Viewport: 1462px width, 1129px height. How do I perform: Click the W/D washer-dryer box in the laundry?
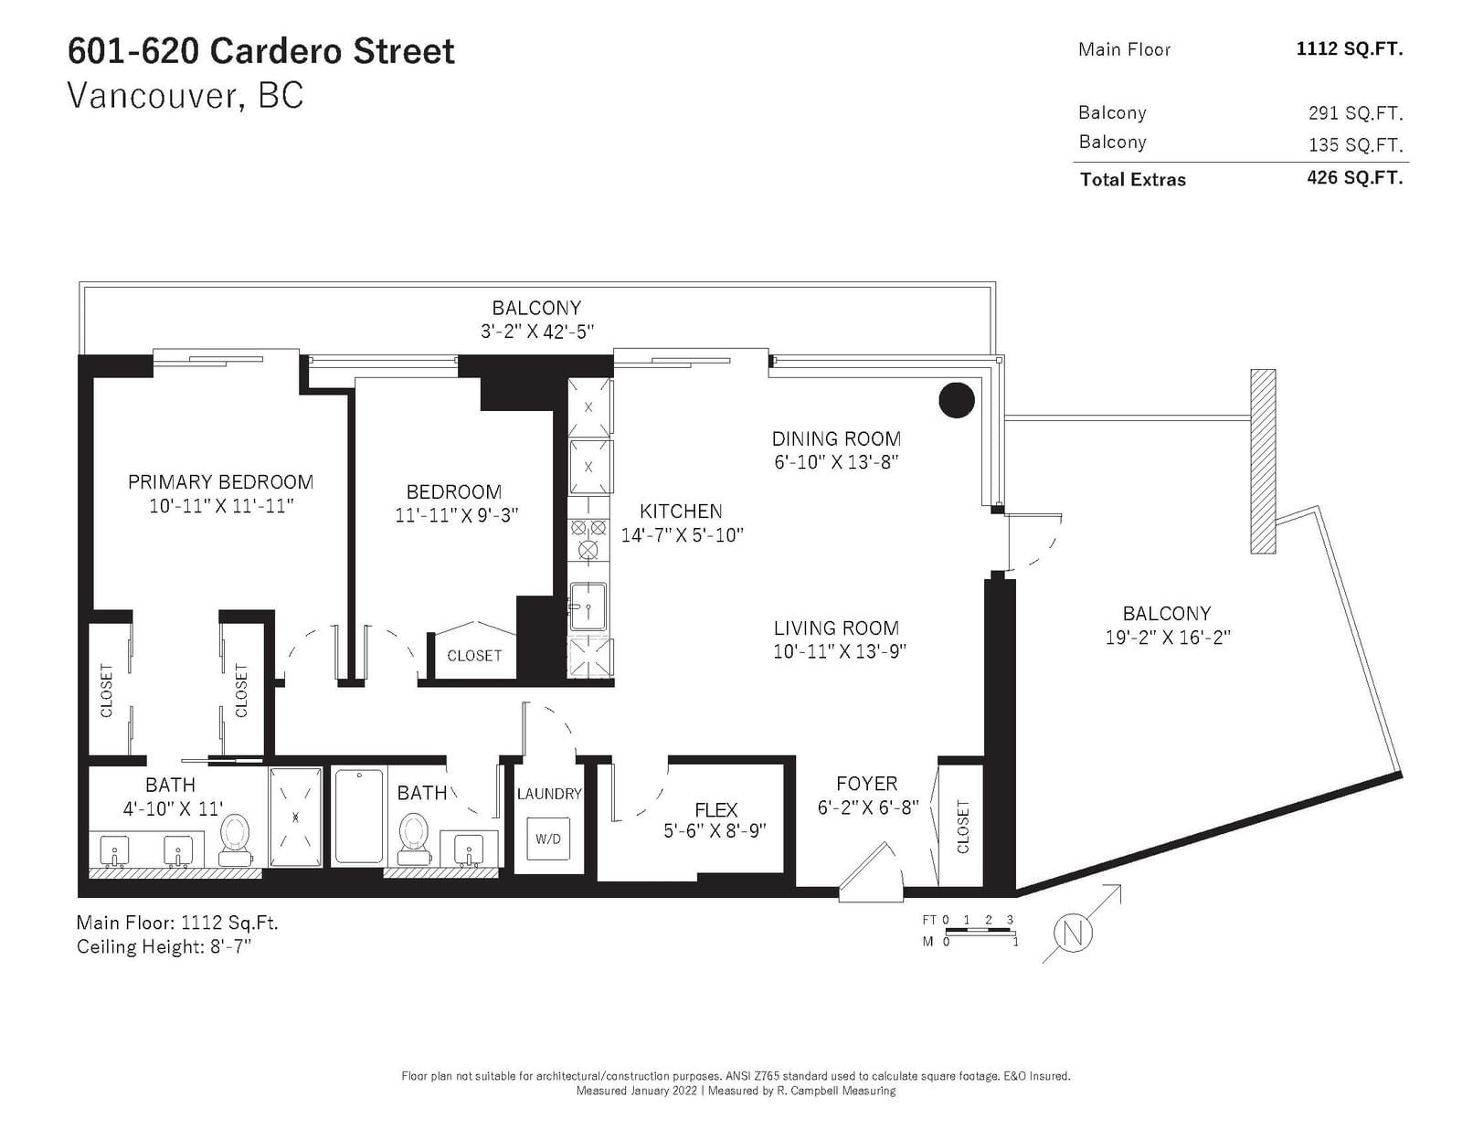pos(547,839)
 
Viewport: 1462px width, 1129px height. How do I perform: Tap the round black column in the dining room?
pos(956,400)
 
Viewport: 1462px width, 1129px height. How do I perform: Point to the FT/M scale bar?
pos(980,931)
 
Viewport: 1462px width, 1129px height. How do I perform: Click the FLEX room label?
pos(715,809)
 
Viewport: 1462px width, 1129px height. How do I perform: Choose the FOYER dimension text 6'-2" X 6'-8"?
pos(868,807)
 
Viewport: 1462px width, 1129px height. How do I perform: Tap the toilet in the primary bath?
pos(235,839)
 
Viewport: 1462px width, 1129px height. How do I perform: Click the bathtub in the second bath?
pos(359,817)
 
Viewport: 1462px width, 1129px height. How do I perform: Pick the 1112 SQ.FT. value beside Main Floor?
pos(1350,49)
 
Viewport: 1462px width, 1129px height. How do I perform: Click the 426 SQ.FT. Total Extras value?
pos(1355,177)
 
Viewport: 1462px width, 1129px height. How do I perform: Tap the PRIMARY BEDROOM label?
pos(221,482)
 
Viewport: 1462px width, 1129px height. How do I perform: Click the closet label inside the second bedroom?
pos(474,656)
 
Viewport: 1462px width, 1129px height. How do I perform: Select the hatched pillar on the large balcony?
pos(1263,461)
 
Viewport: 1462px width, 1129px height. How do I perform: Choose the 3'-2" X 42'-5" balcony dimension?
pos(537,332)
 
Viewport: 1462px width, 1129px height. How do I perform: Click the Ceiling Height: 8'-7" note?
pos(164,947)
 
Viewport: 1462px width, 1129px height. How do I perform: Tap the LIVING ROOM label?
pos(836,628)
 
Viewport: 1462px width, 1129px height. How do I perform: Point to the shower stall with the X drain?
pos(295,817)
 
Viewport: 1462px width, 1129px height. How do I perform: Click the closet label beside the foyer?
pos(963,827)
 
